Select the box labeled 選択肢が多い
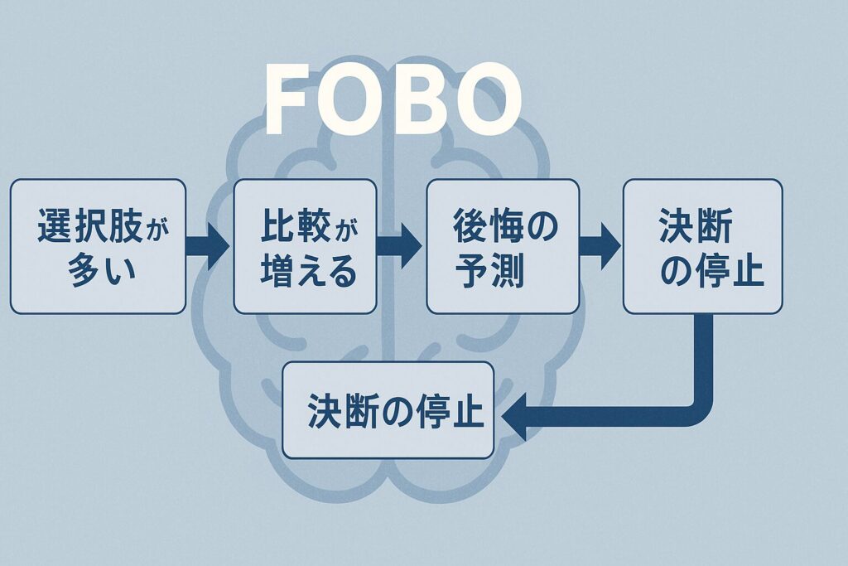[98, 246]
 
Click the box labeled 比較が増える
[306, 246]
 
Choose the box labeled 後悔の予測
[503, 246]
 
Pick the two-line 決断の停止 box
[702, 246]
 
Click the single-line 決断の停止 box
[388, 410]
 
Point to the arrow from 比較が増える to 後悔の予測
[400, 246]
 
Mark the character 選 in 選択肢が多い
[54, 225]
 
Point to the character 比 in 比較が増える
[278, 225]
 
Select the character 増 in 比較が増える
[277, 271]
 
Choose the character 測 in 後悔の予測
[506, 271]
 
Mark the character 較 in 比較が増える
[316, 225]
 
